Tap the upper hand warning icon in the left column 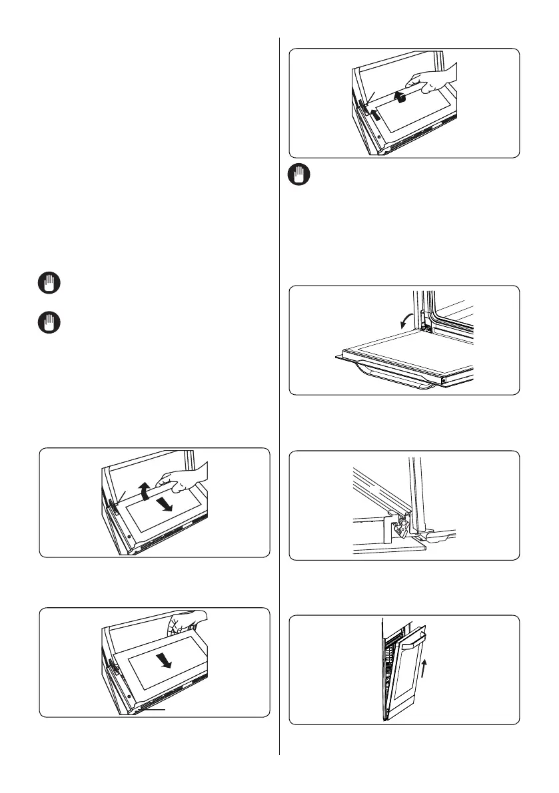[x=49, y=284]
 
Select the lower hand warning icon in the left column [x=49, y=324]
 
